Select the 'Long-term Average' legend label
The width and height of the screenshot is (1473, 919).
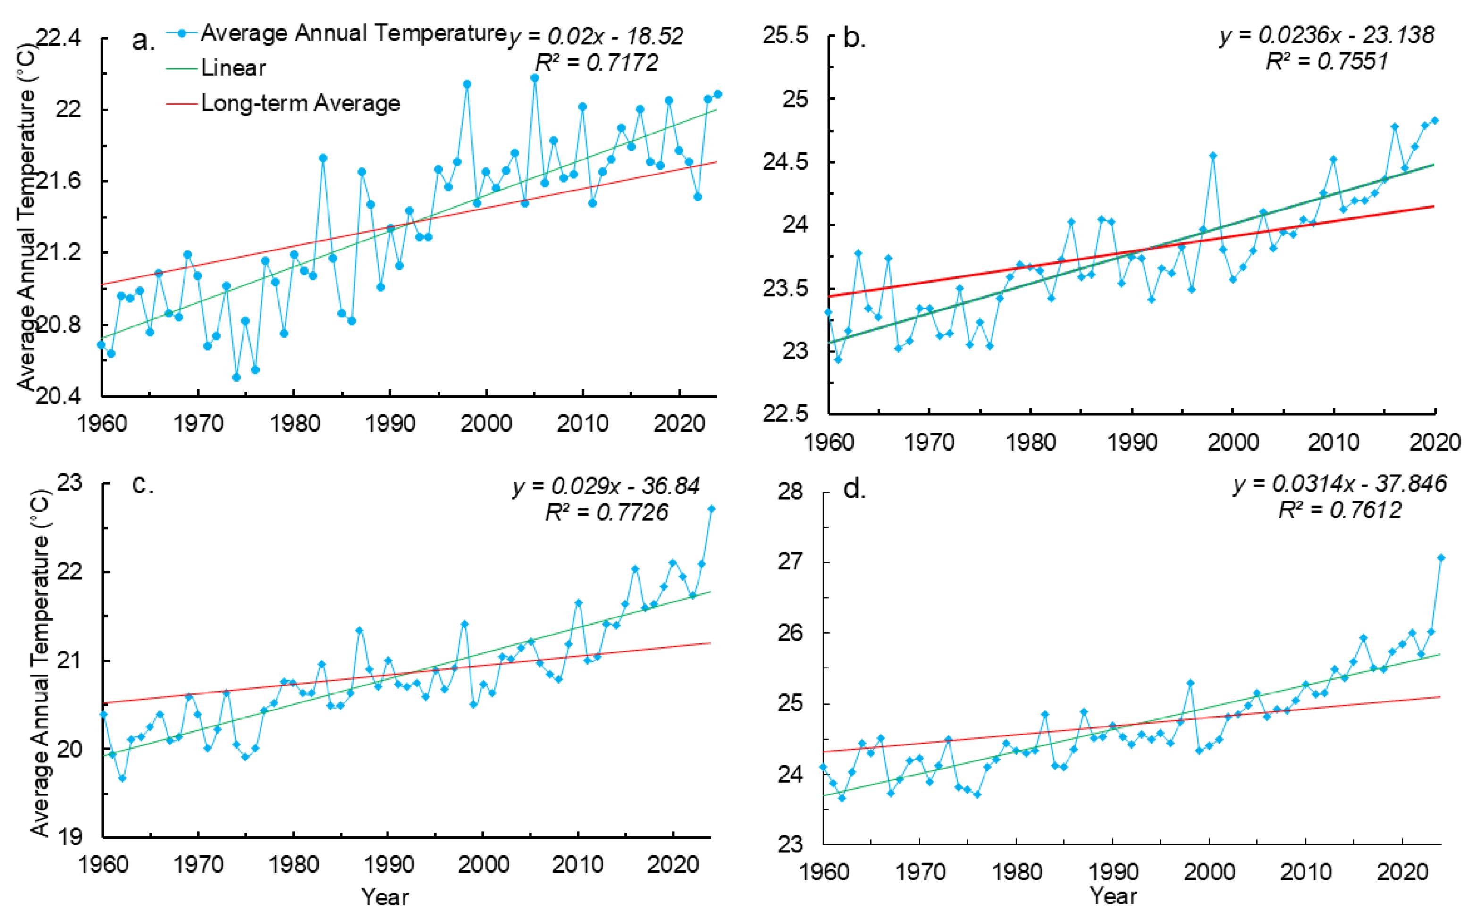click(300, 103)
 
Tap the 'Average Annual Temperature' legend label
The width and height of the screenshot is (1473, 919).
click(354, 33)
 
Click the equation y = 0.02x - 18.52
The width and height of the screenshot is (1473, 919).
click(597, 36)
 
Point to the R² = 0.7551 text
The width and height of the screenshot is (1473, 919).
click(1327, 61)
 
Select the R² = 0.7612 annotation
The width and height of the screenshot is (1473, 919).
click(1340, 510)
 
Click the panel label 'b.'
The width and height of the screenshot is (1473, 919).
click(855, 38)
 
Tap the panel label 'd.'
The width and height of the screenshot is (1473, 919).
click(854, 489)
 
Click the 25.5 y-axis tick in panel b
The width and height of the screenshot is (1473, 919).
click(786, 36)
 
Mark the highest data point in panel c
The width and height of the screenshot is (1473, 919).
click(711, 509)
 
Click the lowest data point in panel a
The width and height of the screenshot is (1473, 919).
click(236, 377)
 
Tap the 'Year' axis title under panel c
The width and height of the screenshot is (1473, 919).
click(385, 896)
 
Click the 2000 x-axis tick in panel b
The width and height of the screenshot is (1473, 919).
click(1233, 442)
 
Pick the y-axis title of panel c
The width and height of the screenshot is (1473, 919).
click(40, 662)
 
